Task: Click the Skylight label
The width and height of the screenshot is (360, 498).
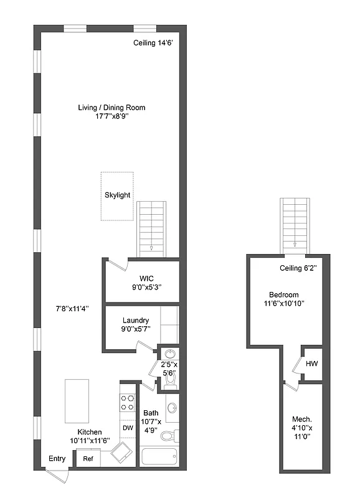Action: pyautogui.click(x=117, y=195)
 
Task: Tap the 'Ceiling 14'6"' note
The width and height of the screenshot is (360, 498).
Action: pyautogui.click(x=153, y=43)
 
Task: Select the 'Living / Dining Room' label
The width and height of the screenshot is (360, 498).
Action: pyautogui.click(x=111, y=108)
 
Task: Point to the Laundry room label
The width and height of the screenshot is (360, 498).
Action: pyautogui.click(x=135, y=321)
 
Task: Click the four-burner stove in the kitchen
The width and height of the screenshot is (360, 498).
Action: pyautogui.click(x=127, y=403)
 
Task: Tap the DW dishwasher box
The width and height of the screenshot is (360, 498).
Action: pyautogui.click(x=127, y=428)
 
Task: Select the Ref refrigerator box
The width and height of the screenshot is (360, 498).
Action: pyautogui.click(x=88, y=459)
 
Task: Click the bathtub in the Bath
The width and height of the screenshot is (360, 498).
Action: pyautogui.click(x=159, y=458)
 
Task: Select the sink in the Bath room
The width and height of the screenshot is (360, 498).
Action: pyautogui.click(x=173, y=409)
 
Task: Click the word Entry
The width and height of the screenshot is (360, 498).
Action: pyautogui.click(x=57, y=459)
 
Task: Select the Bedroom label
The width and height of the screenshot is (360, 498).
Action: pyautogui.click(x=283, y=294)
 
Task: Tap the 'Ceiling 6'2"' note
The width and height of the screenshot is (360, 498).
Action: pyautogui.click(x=295, y=268)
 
